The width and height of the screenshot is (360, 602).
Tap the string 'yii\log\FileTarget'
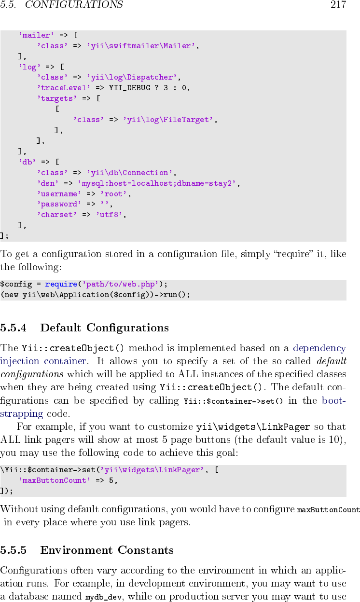(169, 120)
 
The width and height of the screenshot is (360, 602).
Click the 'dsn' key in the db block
(48, 183)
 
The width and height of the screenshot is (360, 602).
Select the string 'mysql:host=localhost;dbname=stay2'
(158, 183)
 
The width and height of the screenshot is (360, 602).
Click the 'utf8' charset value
(110, 215)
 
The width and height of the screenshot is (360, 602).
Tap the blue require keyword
(61, 284)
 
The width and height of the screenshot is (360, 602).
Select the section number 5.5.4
(14, 328)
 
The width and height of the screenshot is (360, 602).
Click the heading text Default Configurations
(104, 328)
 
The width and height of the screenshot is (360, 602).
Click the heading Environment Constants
(107, 550)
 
